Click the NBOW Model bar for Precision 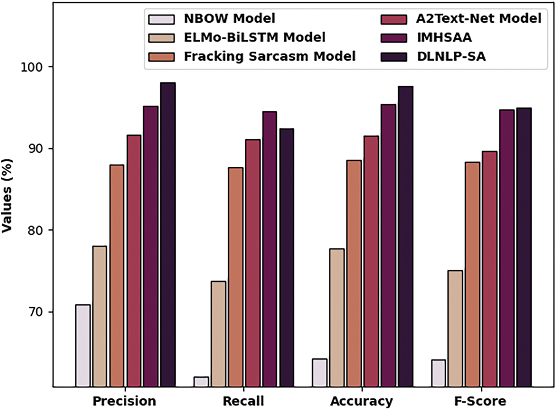tap(82, 346)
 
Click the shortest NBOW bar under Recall tap(201, 382)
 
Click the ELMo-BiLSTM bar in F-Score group tap(455, 329)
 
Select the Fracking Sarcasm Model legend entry tap(269, 56)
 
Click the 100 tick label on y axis tap(39, 67)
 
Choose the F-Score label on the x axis tap(481, 401)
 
